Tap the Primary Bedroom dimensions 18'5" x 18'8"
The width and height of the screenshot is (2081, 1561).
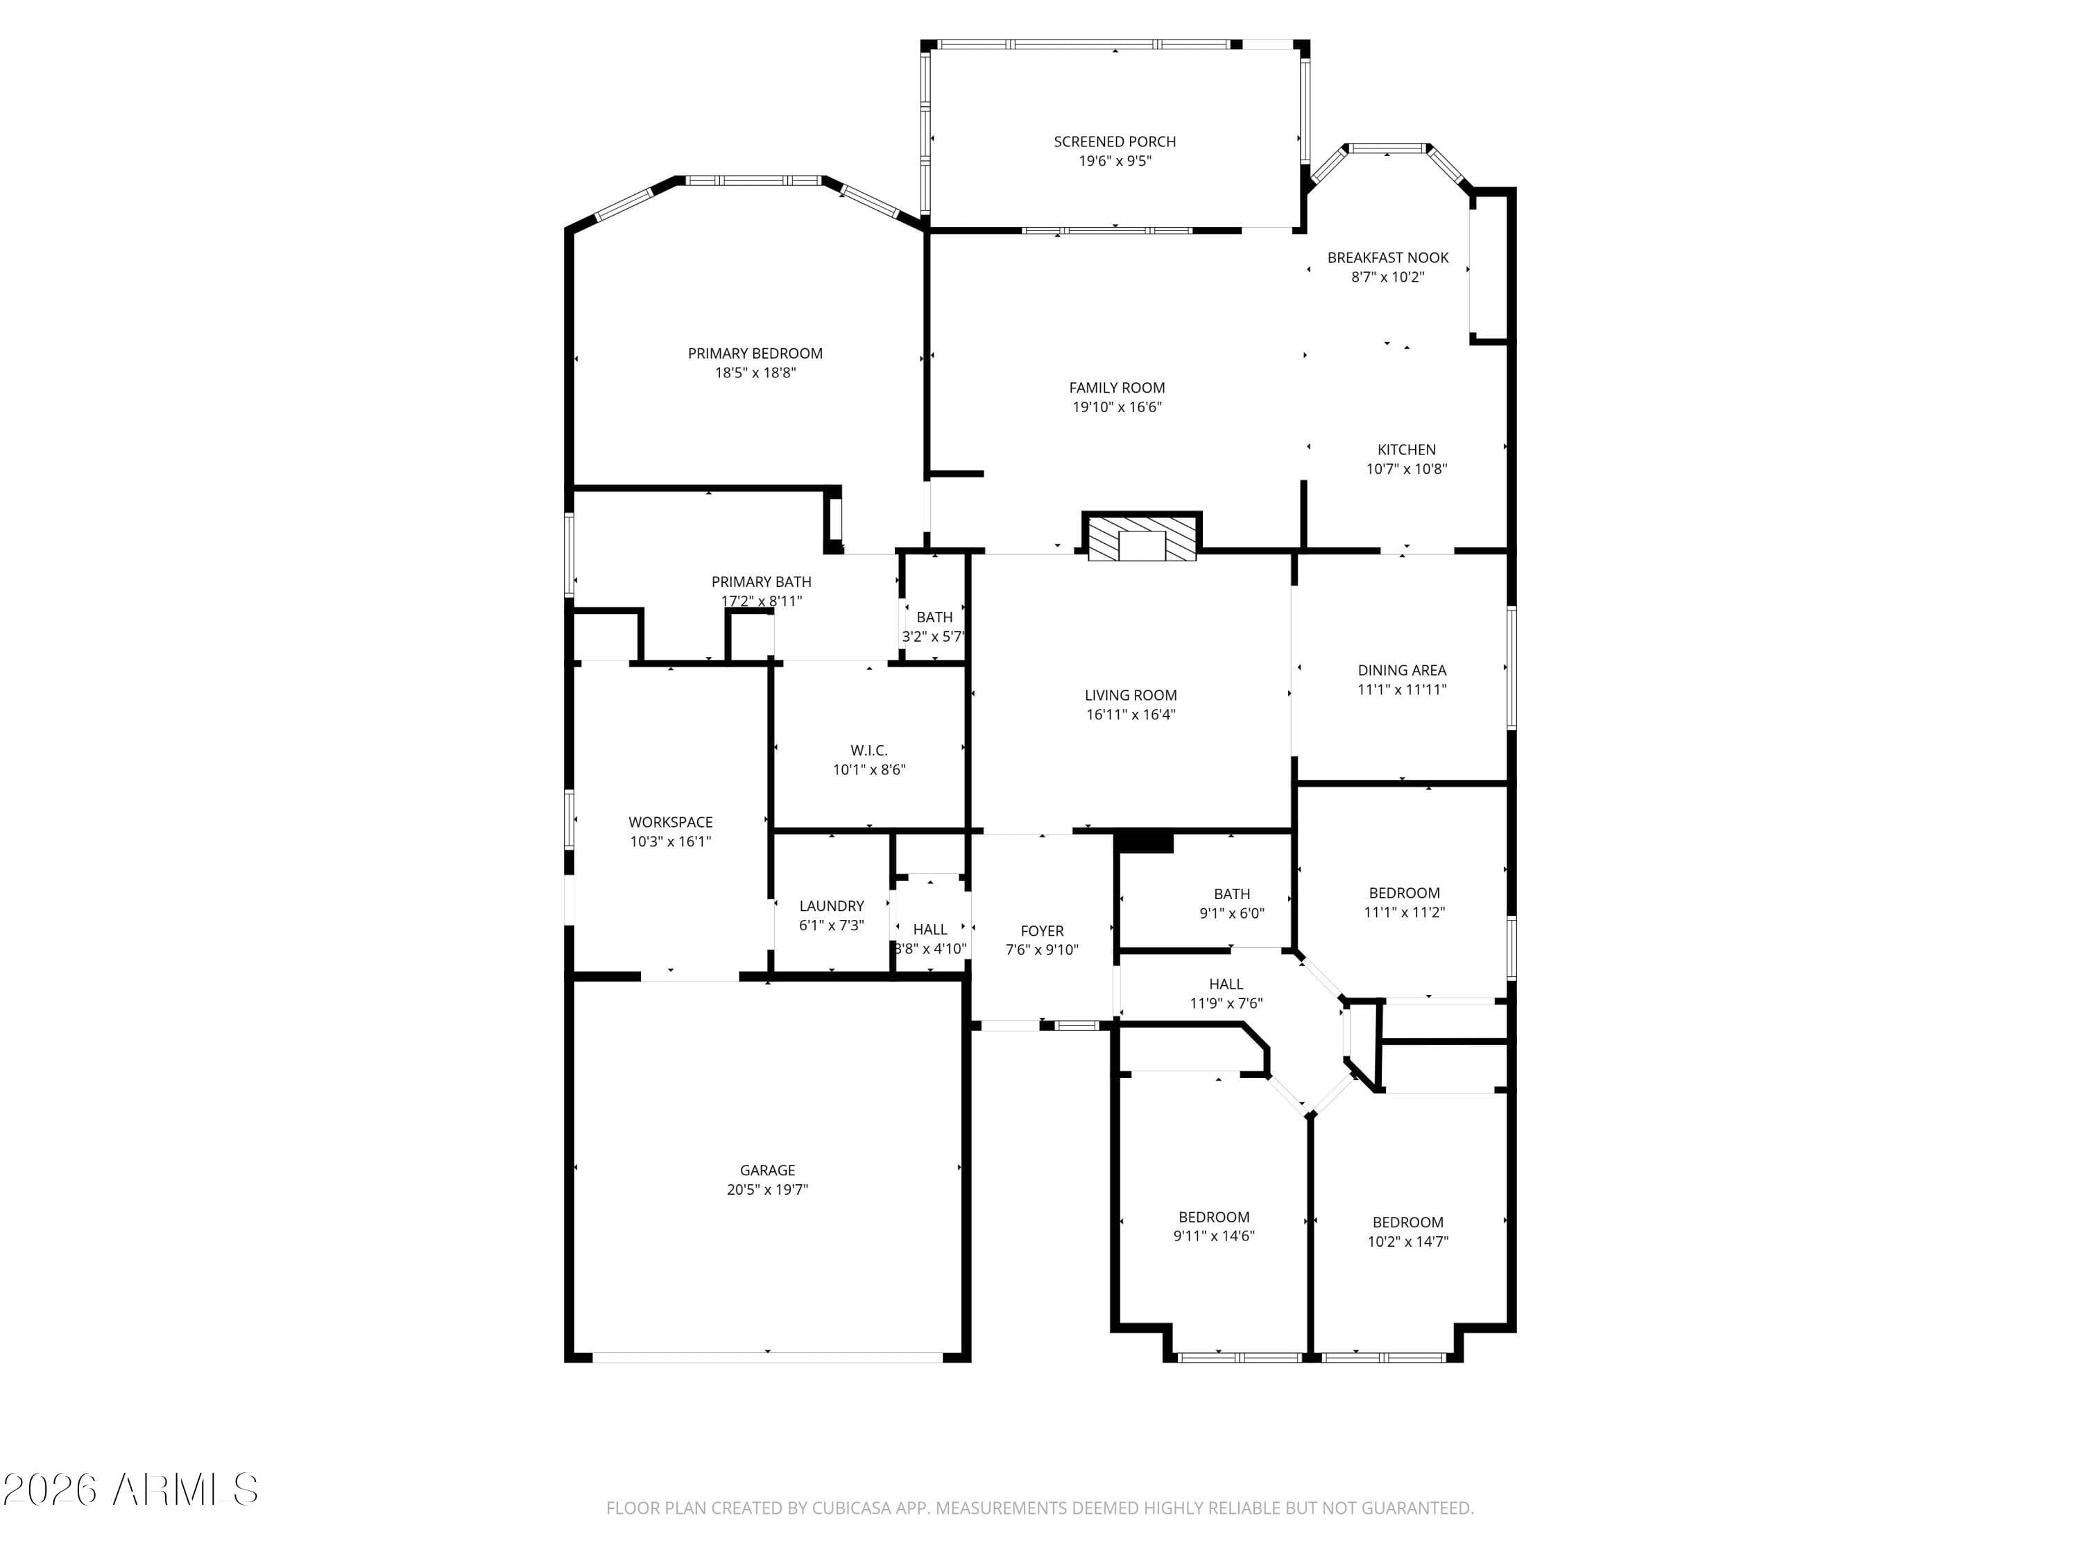(x=755, y=373)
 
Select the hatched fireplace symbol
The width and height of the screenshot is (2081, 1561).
(x=1141, y=538)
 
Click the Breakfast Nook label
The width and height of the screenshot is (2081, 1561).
(x=1387, y=258)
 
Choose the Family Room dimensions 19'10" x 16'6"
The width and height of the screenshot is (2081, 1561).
(x=1117, y=407)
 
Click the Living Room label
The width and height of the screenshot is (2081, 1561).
(x=1130, y=695)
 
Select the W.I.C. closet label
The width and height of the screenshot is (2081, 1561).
(x=868, y=750)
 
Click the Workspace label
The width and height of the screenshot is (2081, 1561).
(x=670, y=822)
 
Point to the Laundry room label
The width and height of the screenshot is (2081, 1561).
(x=831, y=906)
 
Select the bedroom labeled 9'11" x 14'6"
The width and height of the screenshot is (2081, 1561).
(x=1214, y=1226)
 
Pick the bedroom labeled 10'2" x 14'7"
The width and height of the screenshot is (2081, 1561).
(x=1407, y=1231)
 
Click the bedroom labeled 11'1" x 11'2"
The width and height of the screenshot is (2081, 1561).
(x=1404, y=903)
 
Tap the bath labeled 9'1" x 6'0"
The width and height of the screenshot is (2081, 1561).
(x=1231, y=903)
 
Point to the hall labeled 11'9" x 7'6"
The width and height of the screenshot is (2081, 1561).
(x=1225, y=993)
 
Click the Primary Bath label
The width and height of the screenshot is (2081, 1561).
(x=760, y=581)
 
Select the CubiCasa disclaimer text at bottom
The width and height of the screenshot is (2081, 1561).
(x=1040, y=1508)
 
